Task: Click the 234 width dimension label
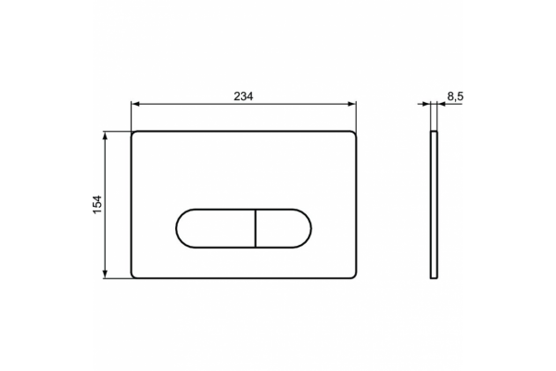[243, 96]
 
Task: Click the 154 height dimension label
[97, 204]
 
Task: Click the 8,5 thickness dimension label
[455, 96]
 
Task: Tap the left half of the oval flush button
[216, 228]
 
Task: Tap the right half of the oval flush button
[283, 228]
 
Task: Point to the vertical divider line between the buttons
[256, 228]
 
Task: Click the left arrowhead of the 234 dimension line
[135, 104]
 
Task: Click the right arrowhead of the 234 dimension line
[352, 104]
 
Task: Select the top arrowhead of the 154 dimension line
[105, 135]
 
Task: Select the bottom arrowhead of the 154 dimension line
[105, 274]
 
